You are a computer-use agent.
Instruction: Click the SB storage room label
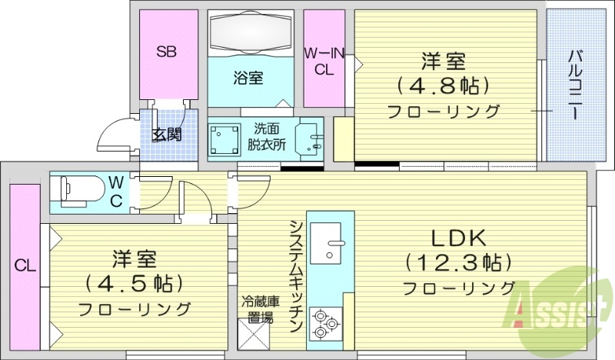point(167,52)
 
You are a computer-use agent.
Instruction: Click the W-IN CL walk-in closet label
point(323,60)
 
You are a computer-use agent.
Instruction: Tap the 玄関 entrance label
point(166,135)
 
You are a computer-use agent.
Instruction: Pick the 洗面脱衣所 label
point(267,137)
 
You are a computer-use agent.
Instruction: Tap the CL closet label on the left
point(25,266)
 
